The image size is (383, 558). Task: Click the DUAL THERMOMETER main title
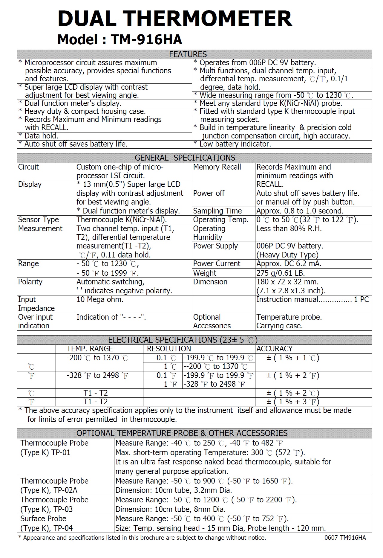(x=175, y=19)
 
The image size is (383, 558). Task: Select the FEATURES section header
(x=188, y=54)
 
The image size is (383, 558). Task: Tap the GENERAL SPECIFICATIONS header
(x=185, y=158)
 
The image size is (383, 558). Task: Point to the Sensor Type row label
(x=39, y=220)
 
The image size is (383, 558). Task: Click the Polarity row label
(x=30, y=282)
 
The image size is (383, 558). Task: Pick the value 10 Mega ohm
(x=100, y=300)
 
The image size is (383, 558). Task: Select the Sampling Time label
(x=217, y=211)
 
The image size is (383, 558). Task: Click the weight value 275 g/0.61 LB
(x=281, y=273)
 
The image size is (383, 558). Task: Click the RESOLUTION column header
(x=169, y=349)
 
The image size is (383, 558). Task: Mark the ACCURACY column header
(x=274, y=349)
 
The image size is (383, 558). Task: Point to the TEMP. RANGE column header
(x=90, y=349)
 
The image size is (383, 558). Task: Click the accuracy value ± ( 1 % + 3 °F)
(x=293, y=402)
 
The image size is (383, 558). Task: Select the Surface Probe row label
(x=43, y=519)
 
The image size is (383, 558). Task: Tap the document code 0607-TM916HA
(x=345, y=538)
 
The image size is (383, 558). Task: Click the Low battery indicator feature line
(x=232, y=144)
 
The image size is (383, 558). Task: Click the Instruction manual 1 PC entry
(x=312, y=300)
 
